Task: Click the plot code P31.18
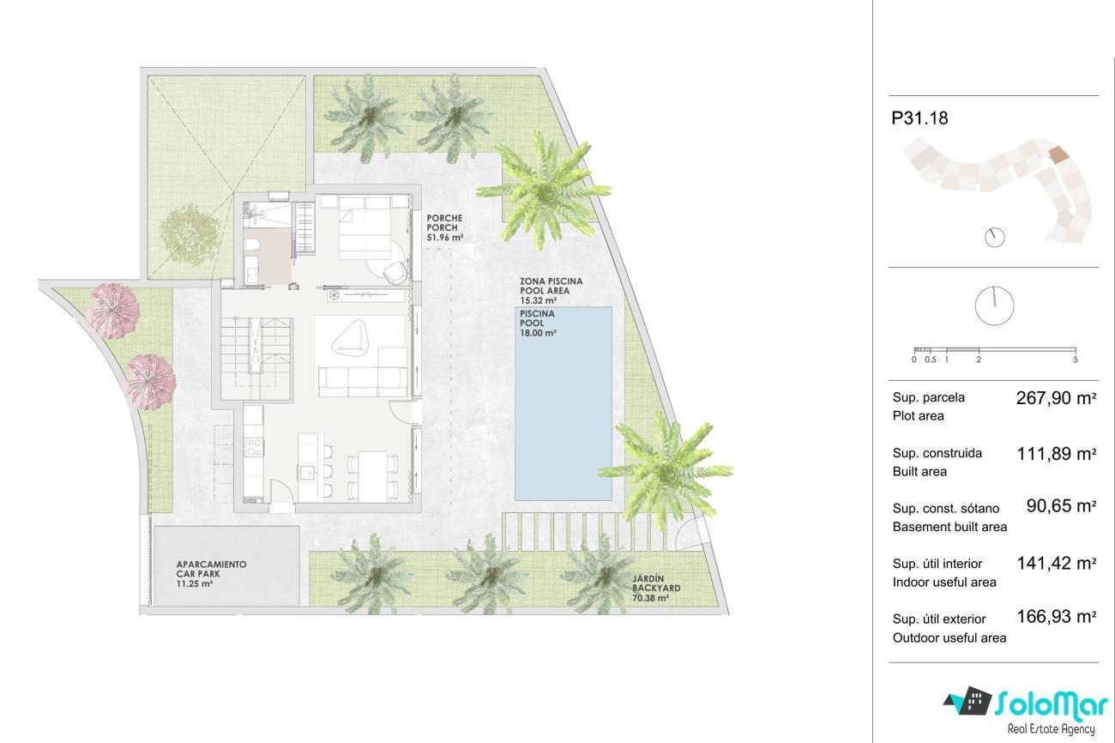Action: click(919, 118)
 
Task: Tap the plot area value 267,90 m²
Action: click(1056, 398)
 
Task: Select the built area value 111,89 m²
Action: click(1056, 454)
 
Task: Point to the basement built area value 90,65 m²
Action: click(1061, 506)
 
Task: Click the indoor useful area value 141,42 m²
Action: click(1056, 563)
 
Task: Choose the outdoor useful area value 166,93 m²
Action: click(1056, 617)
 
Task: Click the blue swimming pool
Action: click(563, 403)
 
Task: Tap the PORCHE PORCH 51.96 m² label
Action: click(444, 227)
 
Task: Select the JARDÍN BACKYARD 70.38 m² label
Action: click(656, 588)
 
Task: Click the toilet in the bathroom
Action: click(252, 245)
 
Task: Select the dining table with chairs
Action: click(373, 475)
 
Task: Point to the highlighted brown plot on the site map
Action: click(1058, 154)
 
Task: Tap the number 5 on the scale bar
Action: click(1076, 359)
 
